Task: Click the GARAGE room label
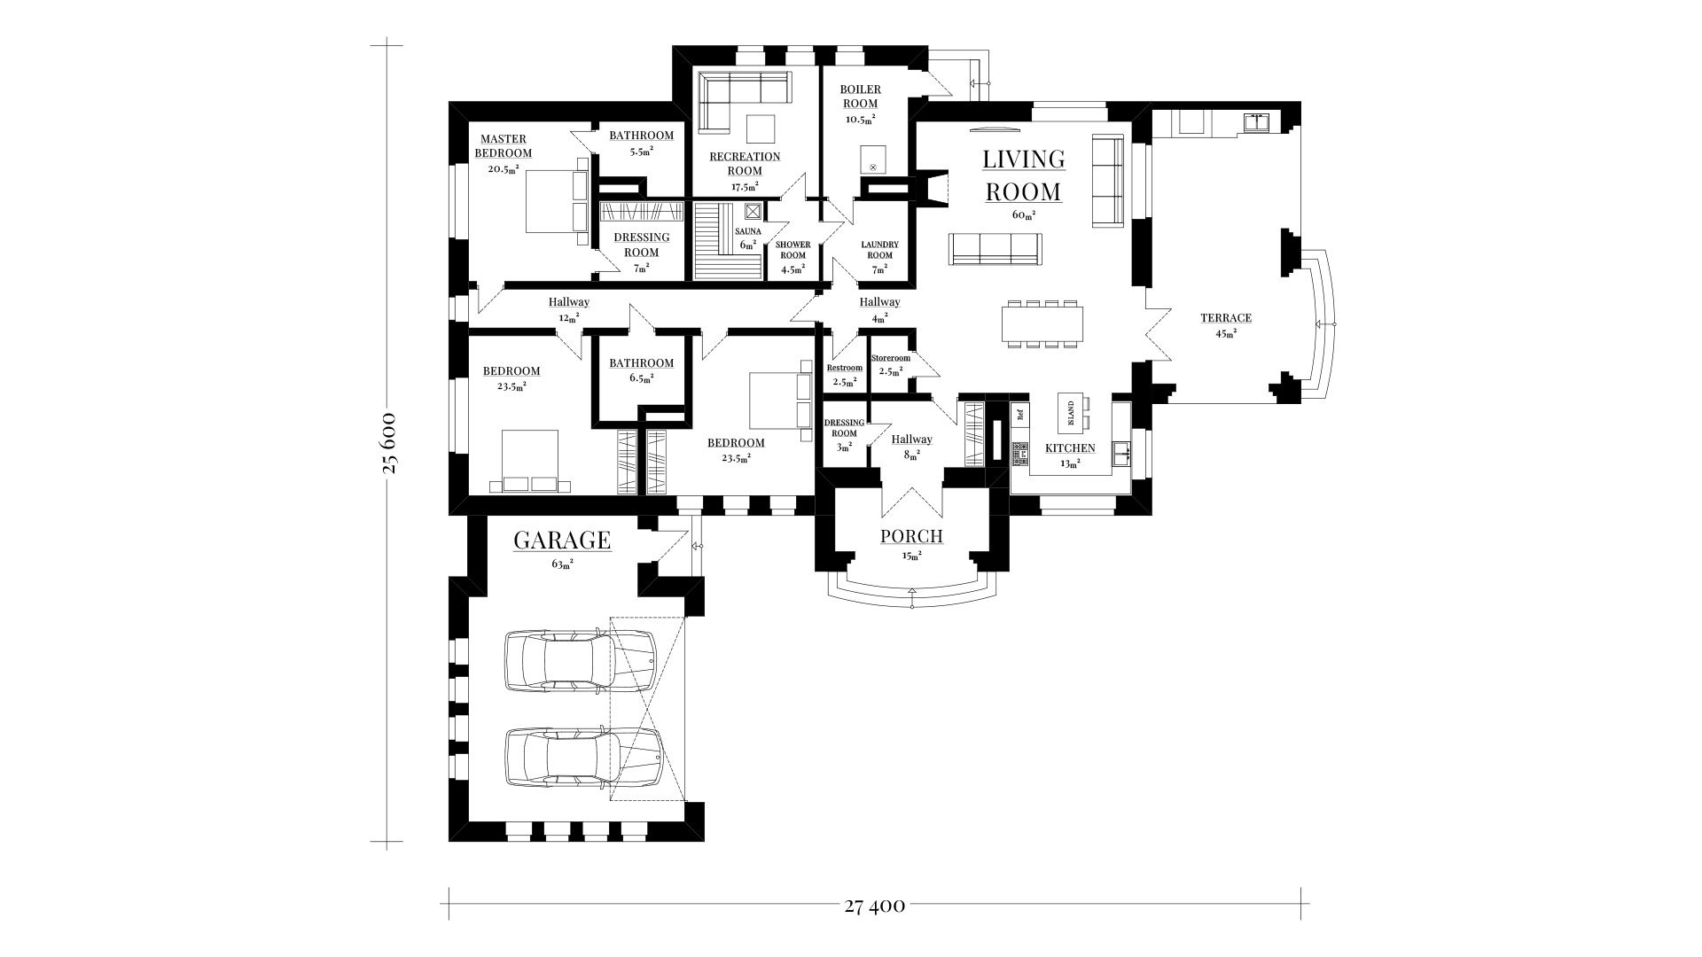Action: tap(562, 540)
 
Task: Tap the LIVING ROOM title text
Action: tap(1024, 175)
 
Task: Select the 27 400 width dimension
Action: tap(874, 906)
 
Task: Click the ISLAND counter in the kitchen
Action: tap(1071, 412)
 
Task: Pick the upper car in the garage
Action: tap(581, 661)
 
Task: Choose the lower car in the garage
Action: tap(582, 758)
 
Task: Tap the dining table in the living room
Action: tap(1042, 323)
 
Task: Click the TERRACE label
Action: tap(1226, 318)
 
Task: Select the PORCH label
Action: tap(911, 536)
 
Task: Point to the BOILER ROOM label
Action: tap(861, 97)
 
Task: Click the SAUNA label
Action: tap(747, 231)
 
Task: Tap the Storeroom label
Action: tap(890, 358)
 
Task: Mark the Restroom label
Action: tap(844, 368)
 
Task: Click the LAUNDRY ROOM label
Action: tap(879, 250)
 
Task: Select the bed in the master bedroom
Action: tap(558, 202)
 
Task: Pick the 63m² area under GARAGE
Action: tap(562, 564)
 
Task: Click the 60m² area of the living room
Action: tap(1024, 214)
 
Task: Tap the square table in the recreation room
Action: tap(760, 128)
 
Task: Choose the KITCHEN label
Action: tap(1070, 448)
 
